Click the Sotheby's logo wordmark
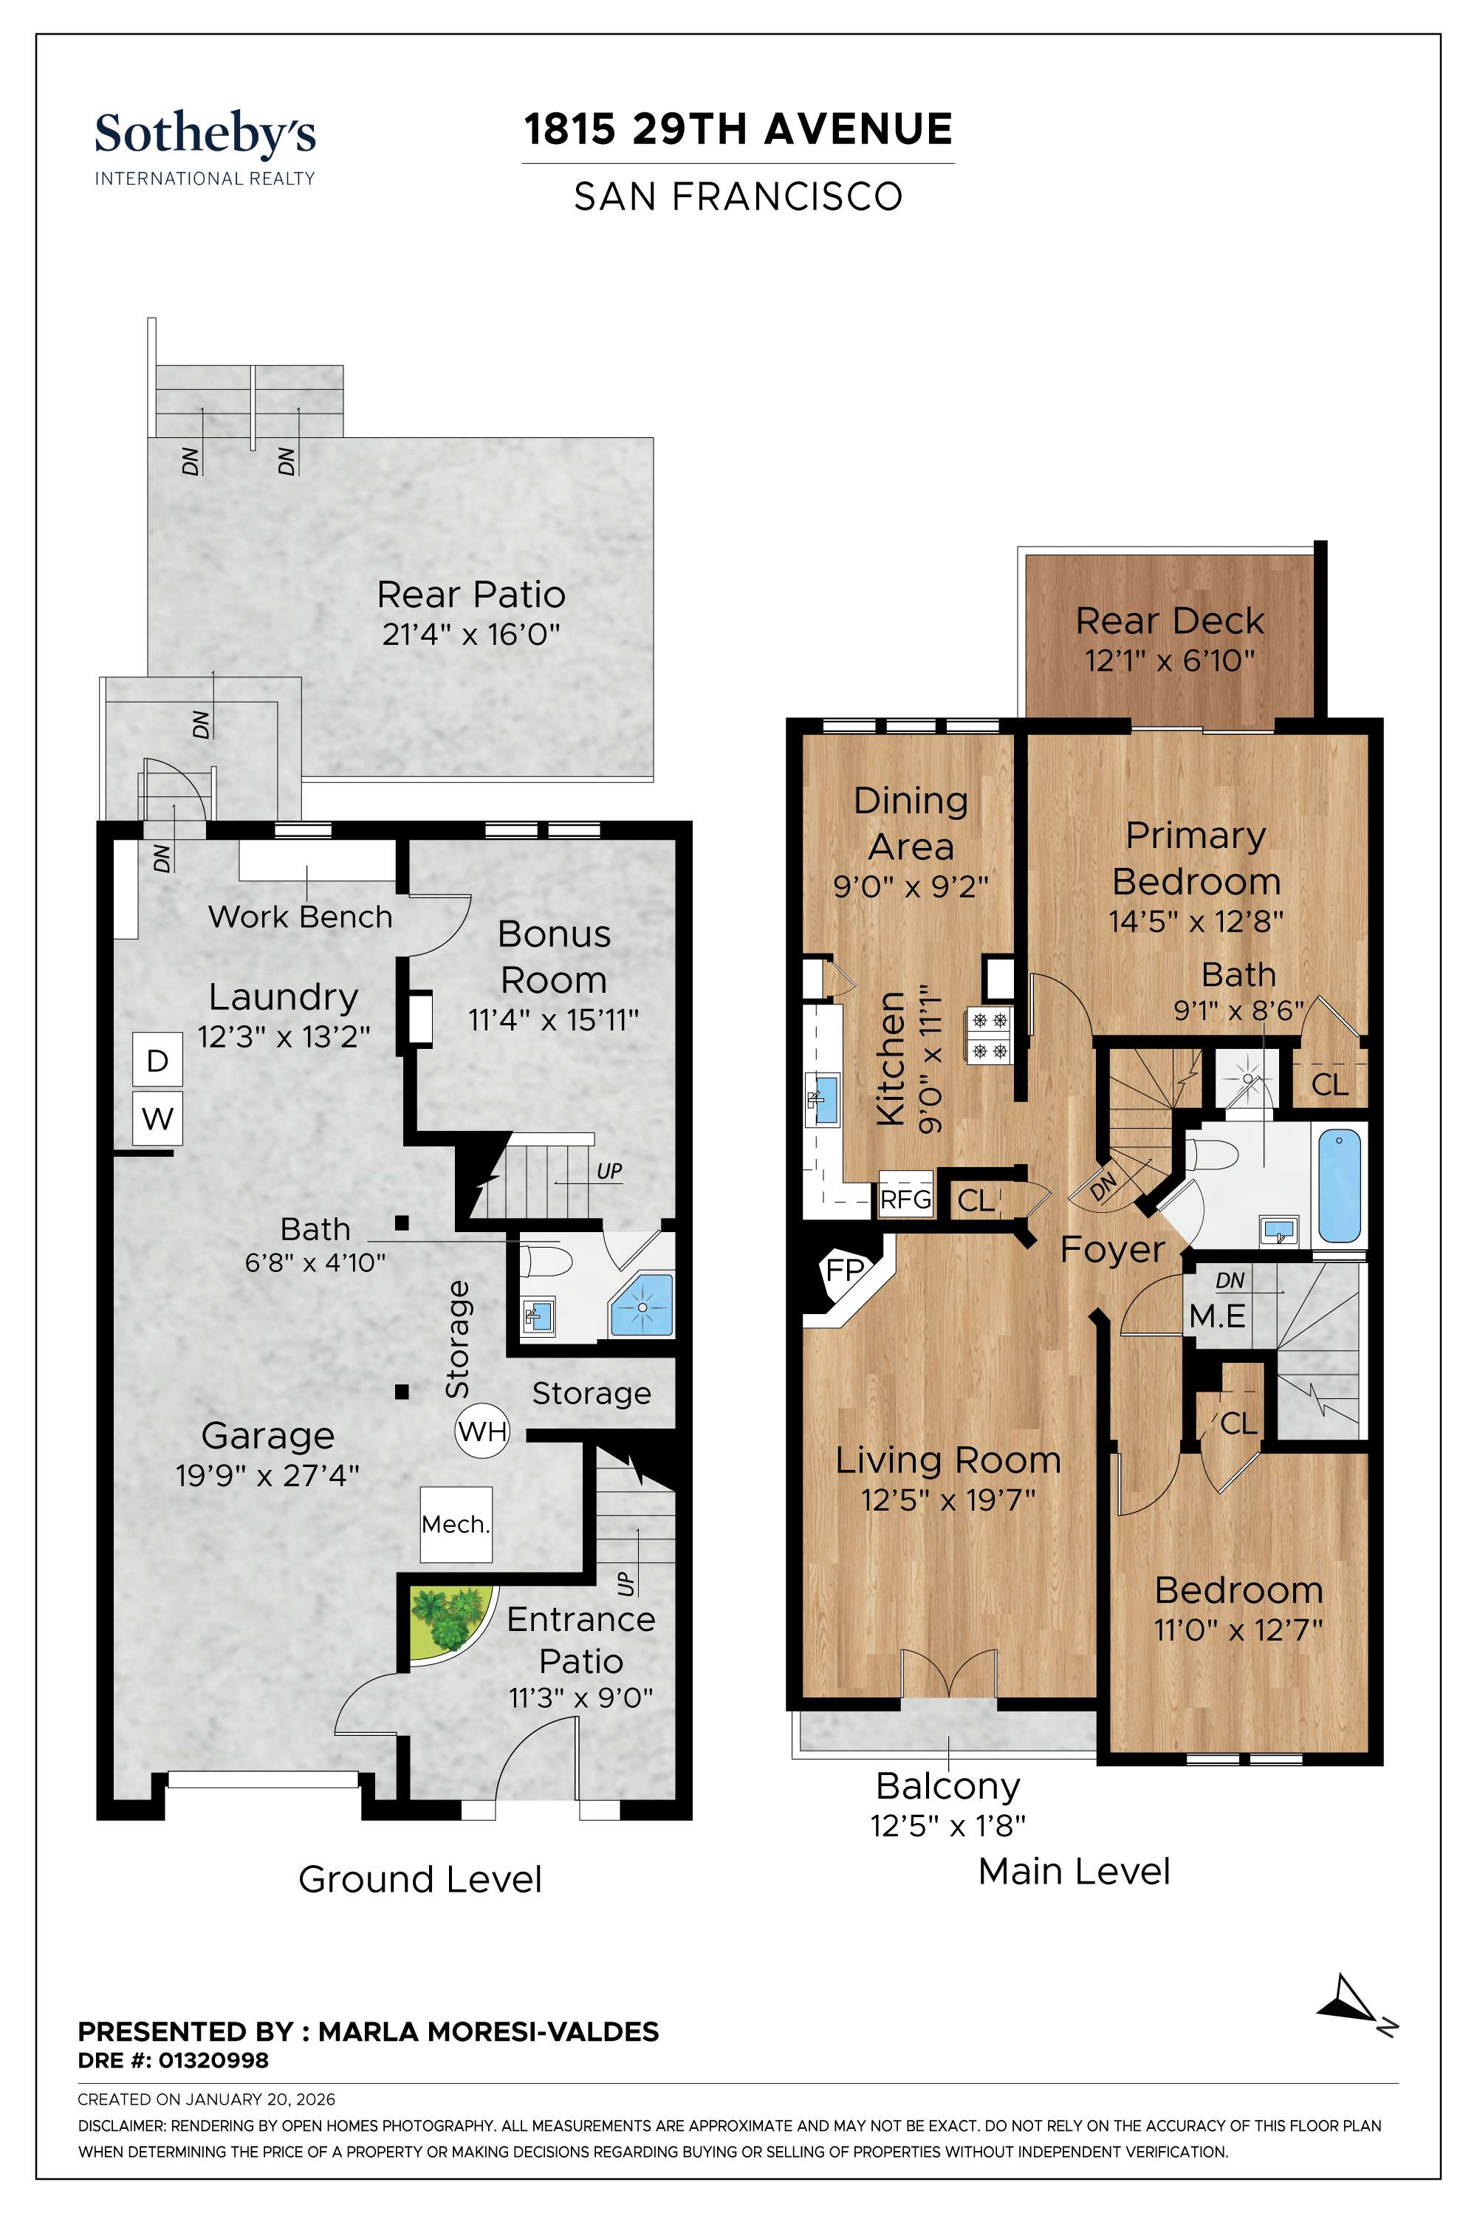pos(205,134)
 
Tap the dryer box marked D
pos(157,1061)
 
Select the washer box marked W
pos(157,1119)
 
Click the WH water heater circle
pos(482,1432)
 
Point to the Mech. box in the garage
pos(456,1525)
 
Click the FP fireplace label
pos(844,1271)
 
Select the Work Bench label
pos(300,917)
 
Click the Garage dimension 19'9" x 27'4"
pos(267,1475)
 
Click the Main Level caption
pos(1074,1870)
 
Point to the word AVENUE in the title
pos(857,129)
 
